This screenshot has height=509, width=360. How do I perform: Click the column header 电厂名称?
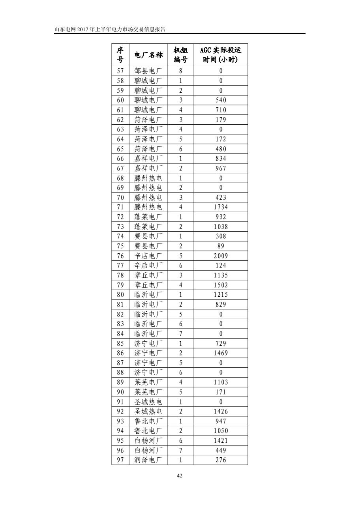click(148, 55)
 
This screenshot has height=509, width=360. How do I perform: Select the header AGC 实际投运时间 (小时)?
click(220, 55)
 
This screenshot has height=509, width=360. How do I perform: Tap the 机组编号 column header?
click(181, 55)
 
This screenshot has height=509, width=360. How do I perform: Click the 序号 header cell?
click(120, 55)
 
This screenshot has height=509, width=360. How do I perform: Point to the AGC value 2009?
click(221, 256)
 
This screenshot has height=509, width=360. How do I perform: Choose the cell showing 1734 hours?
click(221, 207)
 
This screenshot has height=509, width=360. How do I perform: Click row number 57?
click(120, 71)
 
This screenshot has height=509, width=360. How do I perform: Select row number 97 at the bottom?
click(120, 460)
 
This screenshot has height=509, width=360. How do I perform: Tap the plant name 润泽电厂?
click(148, 460)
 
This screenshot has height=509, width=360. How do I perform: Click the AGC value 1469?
click(221, 353)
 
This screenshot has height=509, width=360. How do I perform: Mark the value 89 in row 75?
click(221, 246)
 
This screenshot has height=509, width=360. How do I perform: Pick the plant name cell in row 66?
click(148, 159)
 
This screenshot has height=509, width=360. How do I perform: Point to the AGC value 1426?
click(221, 412)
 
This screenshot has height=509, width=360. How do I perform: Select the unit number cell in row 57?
click(181, 71)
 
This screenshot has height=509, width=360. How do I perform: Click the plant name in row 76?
click(148, 256)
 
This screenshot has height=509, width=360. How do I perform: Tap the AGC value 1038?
click(221, 226)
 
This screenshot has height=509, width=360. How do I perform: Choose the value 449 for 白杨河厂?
click(221, 450)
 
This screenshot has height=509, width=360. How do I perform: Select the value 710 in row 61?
click(221, 110)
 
